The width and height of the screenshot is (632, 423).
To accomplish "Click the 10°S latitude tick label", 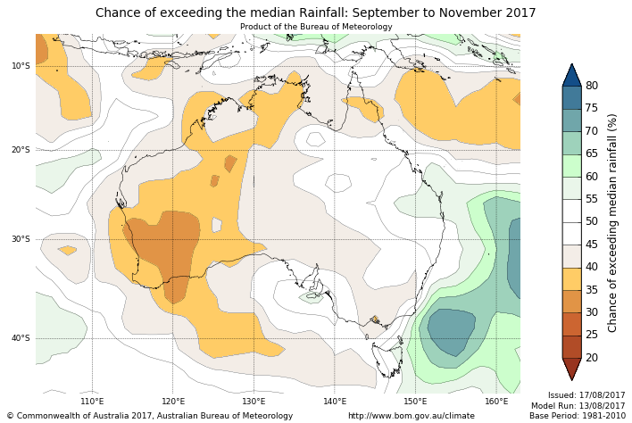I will tap(21, 65).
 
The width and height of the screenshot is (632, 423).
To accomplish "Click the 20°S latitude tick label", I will tap(21, 149).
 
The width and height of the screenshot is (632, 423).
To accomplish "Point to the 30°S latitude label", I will tap(21, 239).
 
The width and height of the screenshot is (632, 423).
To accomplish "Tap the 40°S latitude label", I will tap(21, 338).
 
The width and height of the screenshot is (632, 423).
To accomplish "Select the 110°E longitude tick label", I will tap(93, 402).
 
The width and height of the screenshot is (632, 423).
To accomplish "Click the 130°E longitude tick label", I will tap(254, 402).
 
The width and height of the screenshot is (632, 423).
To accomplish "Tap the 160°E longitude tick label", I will tap(496, 402).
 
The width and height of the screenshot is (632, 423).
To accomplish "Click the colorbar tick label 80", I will tap(592, 86).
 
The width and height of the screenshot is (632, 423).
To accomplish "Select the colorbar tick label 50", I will tap(592, 221).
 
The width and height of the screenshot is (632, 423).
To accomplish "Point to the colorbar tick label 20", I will tap(592, 358).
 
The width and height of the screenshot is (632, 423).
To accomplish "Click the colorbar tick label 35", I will tap(592, 290).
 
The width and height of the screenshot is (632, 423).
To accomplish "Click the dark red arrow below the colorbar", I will tap(571, 368).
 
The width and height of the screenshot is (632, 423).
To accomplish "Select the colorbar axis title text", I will tap(613, 222).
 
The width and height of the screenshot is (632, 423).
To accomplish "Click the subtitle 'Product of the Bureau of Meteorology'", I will tap(316, 27).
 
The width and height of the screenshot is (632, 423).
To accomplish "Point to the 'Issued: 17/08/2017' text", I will tap(586, 394).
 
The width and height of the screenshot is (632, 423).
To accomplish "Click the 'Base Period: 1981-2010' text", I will tap(578, 416).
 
